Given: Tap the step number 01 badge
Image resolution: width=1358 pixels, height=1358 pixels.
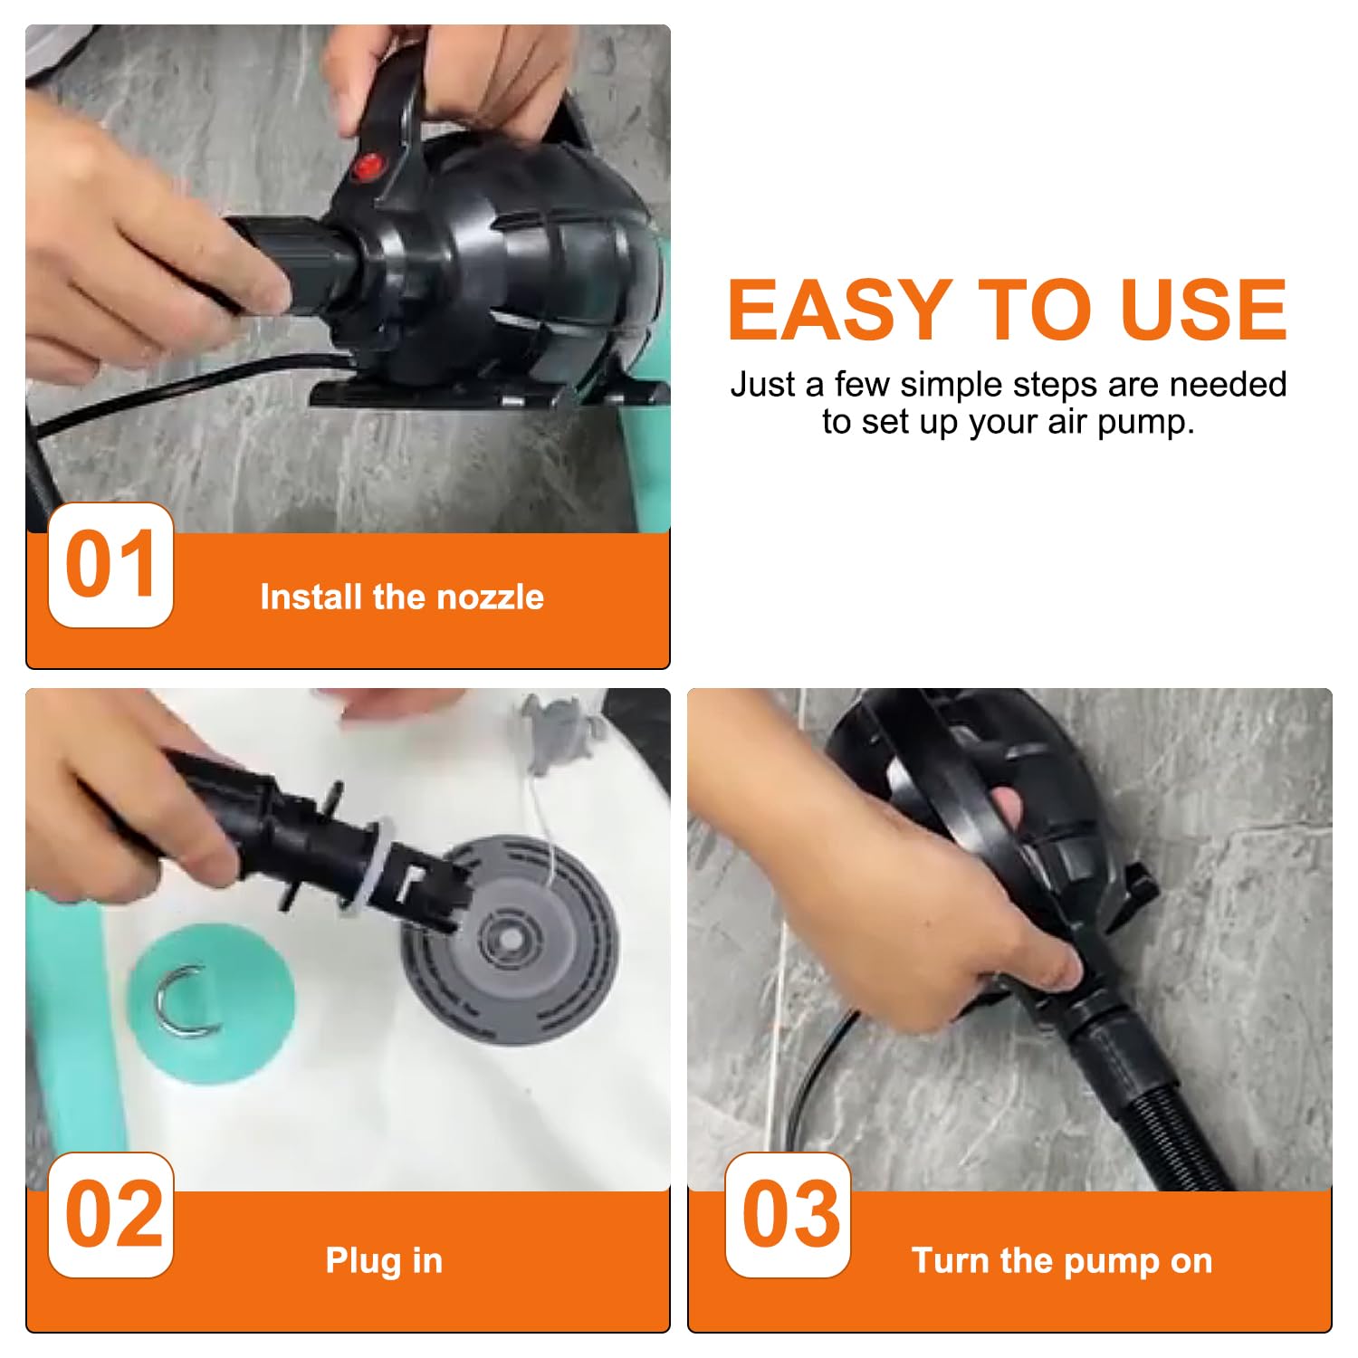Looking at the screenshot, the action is click(110, 565).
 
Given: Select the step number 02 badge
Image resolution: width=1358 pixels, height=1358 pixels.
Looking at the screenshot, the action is click(110, 1215).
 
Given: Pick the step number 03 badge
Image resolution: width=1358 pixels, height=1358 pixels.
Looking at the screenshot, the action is click(788, 1215).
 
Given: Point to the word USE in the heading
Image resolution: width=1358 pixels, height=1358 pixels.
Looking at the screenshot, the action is click(1203, 310).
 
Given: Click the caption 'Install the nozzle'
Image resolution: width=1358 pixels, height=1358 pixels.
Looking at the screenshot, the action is click(402, 598).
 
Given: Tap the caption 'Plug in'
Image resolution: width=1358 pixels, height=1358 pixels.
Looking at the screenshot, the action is click(384, 1260).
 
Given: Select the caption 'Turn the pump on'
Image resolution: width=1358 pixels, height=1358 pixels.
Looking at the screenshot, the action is click(1062, 1260).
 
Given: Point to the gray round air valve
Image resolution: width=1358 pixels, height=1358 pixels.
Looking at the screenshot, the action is click(509, 938).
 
